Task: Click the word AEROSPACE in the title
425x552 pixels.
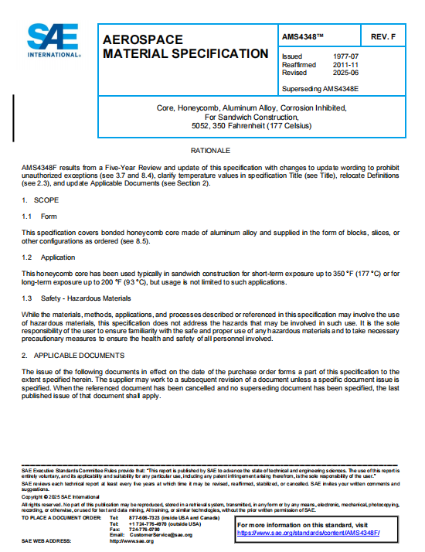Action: click(x=142, y=39)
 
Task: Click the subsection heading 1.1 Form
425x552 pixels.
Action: click(x=39, y=216)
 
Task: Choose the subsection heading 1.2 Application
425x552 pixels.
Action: click(x=48, y=256)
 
